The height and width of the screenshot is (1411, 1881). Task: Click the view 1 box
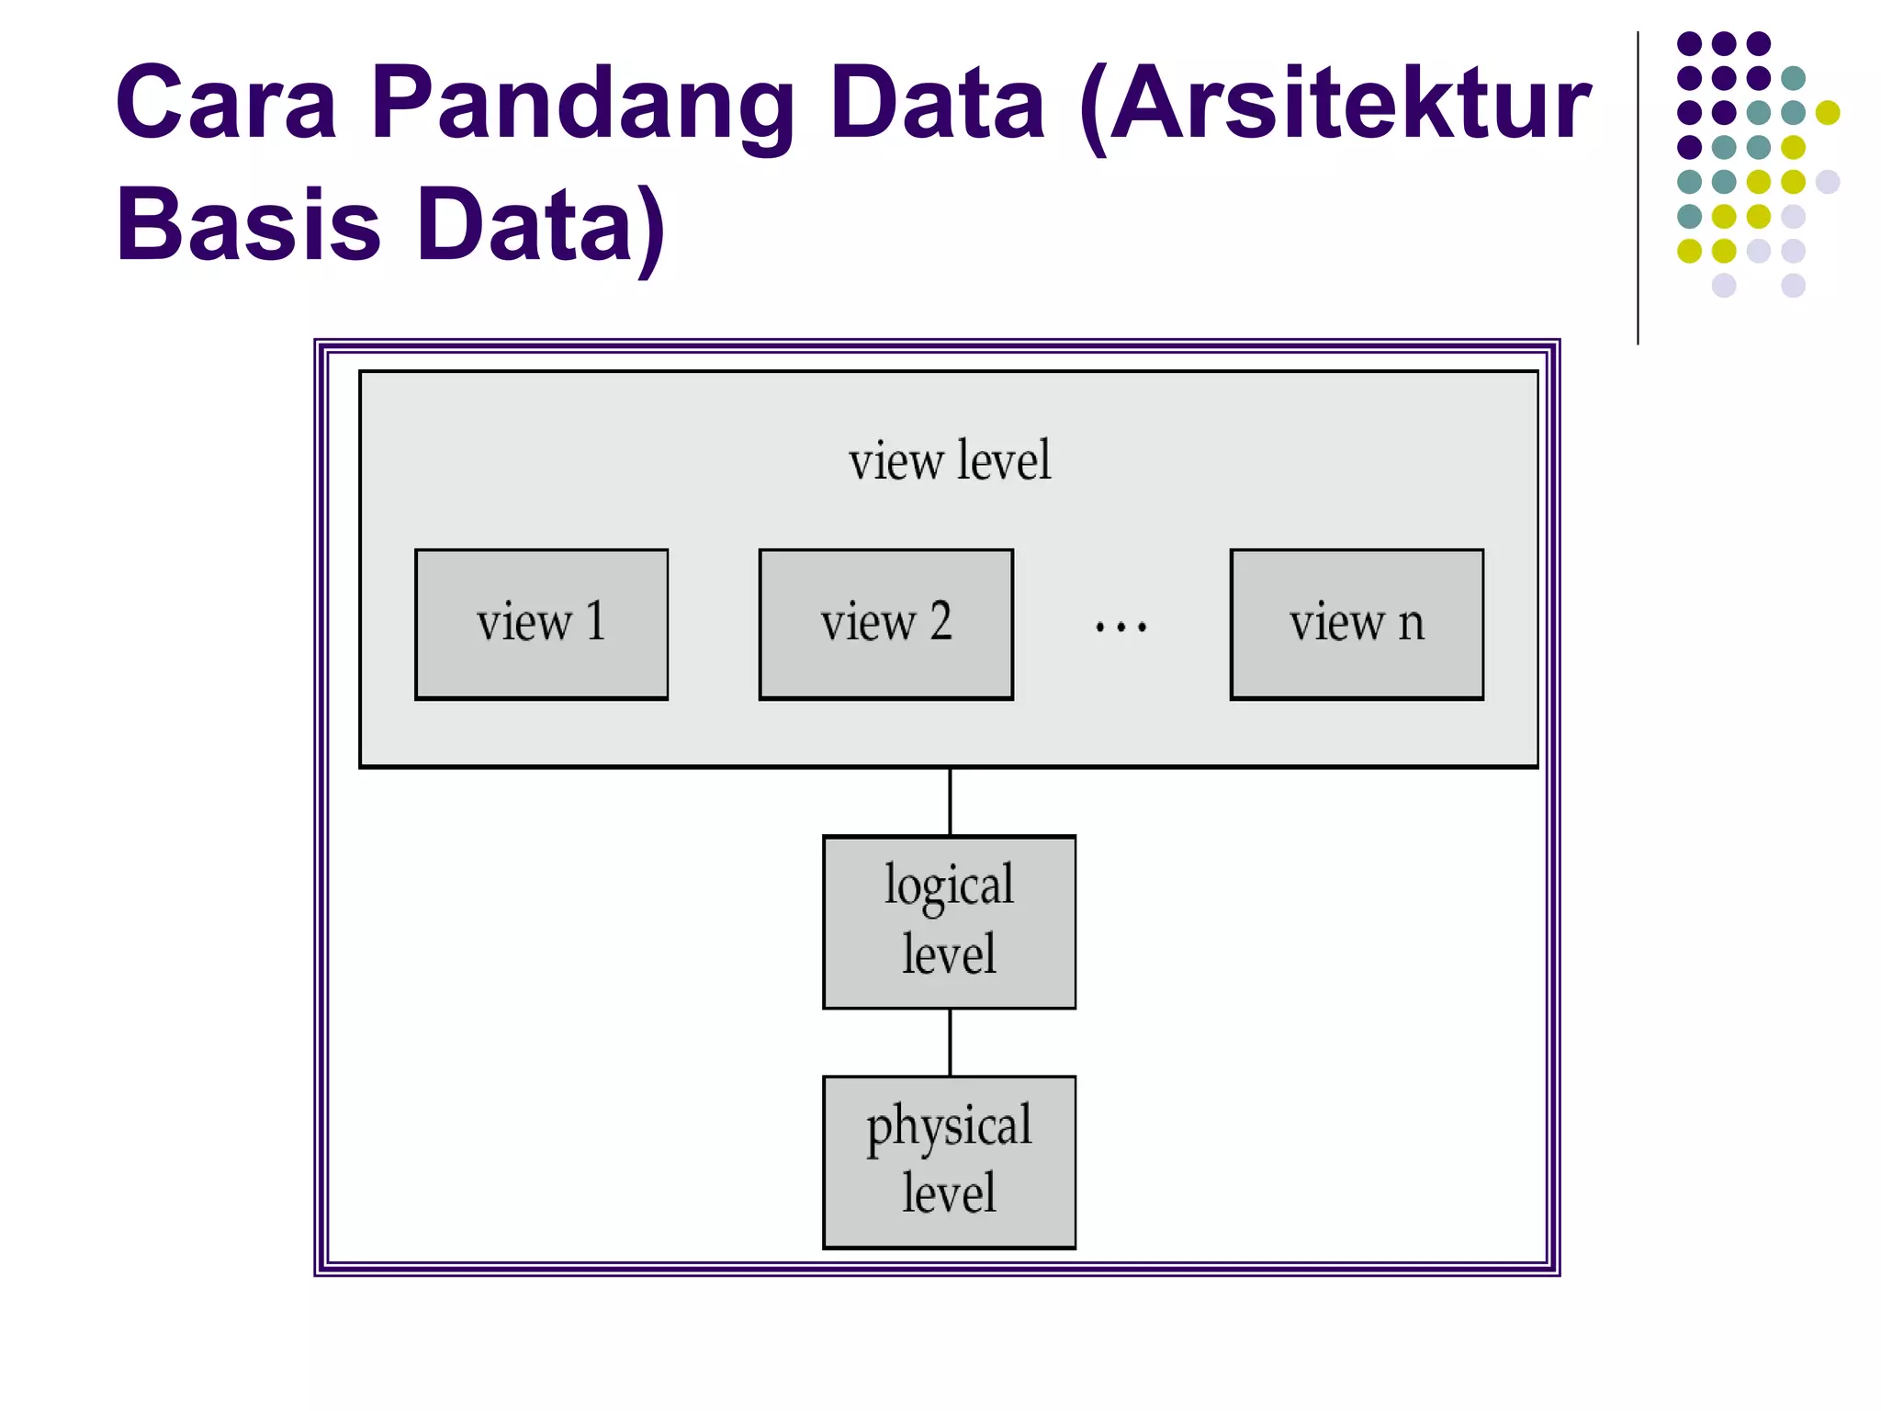click(x=541, y=625)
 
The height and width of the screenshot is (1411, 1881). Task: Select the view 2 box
click(x=885, y=625)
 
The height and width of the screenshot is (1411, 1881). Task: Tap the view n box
click(x=1356, y=625)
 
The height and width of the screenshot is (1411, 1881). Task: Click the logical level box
click(x=949, y=921)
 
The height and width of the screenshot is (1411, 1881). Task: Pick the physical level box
click(x=949, y=1162)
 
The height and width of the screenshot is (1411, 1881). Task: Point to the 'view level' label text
click(x=949, y=461)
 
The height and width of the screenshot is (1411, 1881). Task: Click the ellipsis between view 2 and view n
click(x=1121, y=627)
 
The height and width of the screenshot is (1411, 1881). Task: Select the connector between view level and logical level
click(x=950, y=801)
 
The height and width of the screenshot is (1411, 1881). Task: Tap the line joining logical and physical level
click(x=950, y=1042)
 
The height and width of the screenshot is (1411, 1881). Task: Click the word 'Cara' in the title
click(x=226, y=103)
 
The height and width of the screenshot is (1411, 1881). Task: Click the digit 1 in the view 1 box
click(x=595, y=621)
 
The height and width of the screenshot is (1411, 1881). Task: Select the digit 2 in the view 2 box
click(x=940, y=621)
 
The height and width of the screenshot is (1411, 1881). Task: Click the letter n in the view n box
click(x=1411, y=625)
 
